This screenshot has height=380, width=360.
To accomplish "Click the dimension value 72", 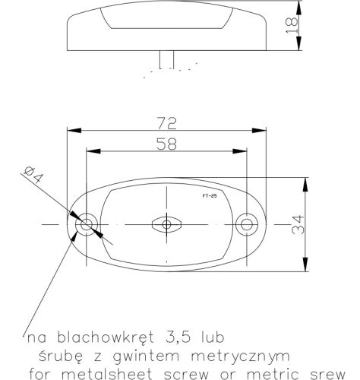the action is click(166, 123).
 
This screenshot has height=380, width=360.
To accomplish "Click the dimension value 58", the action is click(166, 144).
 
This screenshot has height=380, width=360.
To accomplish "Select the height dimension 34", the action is click(298, 224).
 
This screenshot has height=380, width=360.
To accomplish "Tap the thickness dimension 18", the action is click(292, 25).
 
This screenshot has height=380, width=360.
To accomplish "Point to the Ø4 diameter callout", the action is click(33, 175).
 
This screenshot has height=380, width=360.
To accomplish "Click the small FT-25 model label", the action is click(210, 196).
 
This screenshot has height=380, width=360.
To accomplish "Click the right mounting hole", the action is click(247, 224).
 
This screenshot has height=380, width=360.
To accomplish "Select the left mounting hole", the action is click(87, 224).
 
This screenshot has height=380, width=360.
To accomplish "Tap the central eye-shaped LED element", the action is click(166, 224).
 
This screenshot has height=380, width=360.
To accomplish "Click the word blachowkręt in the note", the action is click(106, 337).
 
